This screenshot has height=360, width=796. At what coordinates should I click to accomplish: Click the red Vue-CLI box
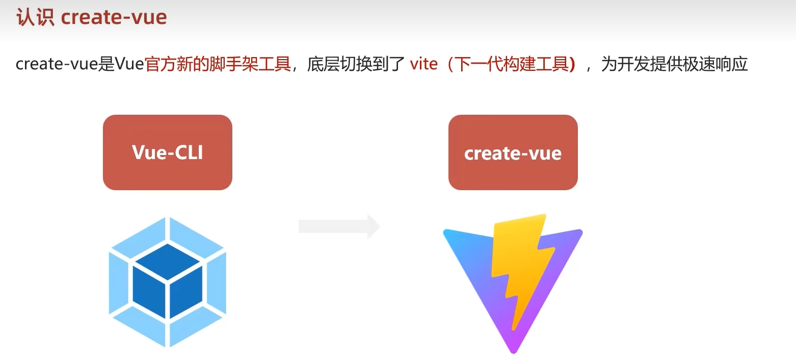[167, 152]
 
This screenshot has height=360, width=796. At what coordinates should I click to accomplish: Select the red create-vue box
[513, 152]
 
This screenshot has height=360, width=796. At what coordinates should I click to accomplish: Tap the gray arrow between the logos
[339, 226]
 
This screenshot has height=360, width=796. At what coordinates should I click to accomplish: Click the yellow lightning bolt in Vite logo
[521, 265]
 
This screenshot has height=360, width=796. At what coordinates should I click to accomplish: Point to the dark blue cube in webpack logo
[168, 280]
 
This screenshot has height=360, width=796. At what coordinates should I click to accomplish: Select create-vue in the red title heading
[114, 18]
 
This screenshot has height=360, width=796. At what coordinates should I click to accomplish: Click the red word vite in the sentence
[423, 64]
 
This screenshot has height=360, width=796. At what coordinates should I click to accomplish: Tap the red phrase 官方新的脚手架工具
[218, 64]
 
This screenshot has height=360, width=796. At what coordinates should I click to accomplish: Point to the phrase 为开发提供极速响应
[674, 64]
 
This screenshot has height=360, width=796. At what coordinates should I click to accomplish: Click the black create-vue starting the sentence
[56, 64]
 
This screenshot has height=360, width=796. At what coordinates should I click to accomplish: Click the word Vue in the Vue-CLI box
[146, 152]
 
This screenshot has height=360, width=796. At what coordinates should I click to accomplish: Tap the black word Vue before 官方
[129, 64]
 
